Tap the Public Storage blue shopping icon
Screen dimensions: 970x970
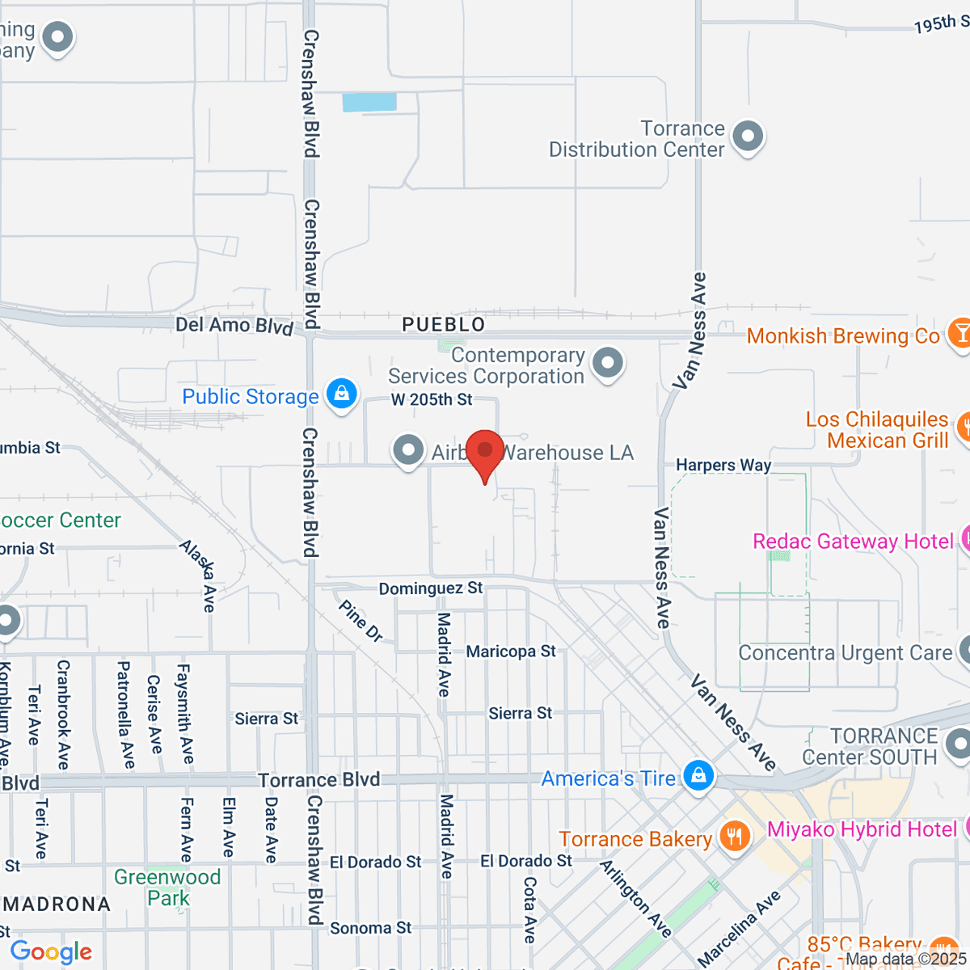(x=342, y=394)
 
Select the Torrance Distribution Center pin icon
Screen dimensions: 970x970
(x=748, y=137)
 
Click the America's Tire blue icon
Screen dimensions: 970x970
(x=698, y=776)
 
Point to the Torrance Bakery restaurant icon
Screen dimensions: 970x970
(x=734, y=837)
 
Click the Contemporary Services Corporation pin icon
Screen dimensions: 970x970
(x=607, y=363)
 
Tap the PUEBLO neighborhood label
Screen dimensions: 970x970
(x=444, y=325)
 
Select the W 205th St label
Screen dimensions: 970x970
(x=432, y=399)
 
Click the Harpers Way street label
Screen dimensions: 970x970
(x=723, y=465)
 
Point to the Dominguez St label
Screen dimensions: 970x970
(x=431, y=588)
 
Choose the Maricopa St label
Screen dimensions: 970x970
(x=511, y=652)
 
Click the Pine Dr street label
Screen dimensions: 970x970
(x=361, y=620)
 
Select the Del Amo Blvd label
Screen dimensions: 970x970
(x=234, y=325)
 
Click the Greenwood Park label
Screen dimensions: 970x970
(x=167, y=888)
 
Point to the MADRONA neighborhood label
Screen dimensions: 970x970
(x=57, y=905)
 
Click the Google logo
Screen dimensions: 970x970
(x=51, y=951)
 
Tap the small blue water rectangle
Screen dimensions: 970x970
(x=369, y=102)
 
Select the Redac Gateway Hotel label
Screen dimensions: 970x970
(x=853, y=542)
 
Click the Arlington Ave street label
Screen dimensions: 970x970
(x=635, y=898)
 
